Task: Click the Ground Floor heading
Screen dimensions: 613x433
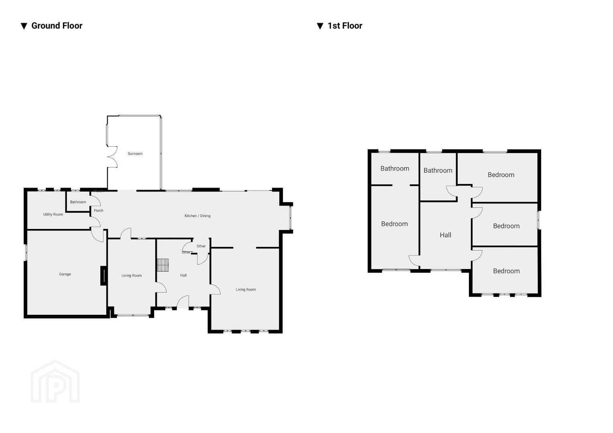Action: coord(57,26)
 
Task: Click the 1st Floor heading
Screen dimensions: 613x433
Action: coord(345,26)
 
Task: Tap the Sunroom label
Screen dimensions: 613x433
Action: coord(135,154)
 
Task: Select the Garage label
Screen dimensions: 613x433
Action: coord(65,274)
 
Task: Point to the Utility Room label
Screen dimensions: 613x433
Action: coord(53,214)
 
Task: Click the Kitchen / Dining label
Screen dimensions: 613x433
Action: coord(198,216)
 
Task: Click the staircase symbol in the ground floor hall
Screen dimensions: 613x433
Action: coord(163,265)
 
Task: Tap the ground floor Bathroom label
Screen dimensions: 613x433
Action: coord(78,202)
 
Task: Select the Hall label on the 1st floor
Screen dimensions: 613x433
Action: coord(446,235)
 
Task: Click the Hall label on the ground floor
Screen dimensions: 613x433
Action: coord(183,275)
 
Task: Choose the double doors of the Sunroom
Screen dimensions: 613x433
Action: coord(113,157)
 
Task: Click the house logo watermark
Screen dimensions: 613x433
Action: coord(55,381)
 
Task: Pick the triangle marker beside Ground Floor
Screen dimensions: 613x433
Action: coord(24,26)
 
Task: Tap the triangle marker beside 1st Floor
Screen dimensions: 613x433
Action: coord(320,26)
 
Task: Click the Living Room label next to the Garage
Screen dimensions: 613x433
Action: coord(132,276)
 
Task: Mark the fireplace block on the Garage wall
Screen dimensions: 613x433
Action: coord(104,276)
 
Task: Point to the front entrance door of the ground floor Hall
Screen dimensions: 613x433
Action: coord(183,302)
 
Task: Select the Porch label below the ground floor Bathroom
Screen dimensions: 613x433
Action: coord(99,210)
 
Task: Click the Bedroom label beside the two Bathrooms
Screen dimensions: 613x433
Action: coord(501,175)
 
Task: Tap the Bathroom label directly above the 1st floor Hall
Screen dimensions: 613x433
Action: coord(438,170)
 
